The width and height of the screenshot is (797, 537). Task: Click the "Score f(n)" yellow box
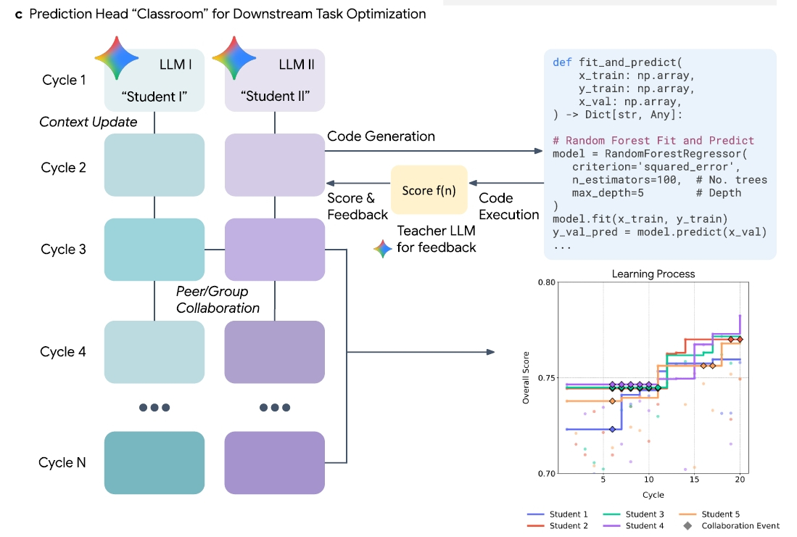point(429,189)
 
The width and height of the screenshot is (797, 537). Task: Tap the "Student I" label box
point(154,81)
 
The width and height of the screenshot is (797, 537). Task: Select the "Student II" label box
point(274,81)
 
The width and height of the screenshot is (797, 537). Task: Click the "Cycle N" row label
point(62,462)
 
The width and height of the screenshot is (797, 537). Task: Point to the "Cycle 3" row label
point(63,249)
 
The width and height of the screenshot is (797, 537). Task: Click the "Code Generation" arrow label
point(381,136)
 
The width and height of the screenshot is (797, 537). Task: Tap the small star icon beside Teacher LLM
point(383,249)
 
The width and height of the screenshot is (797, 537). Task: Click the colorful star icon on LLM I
point(117,58)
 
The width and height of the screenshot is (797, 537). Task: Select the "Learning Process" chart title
point(653,274)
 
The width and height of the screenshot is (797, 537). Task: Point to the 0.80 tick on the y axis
point(546,282)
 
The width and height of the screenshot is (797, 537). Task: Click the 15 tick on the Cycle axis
point(694,479)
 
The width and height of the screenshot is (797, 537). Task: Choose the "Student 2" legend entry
point(558,525)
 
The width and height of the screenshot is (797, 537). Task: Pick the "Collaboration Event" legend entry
point(731,525)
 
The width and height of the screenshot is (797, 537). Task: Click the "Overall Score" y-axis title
point(526,377)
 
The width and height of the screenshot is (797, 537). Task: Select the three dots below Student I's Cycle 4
point(154,407)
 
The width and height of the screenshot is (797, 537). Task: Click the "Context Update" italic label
point(88,122)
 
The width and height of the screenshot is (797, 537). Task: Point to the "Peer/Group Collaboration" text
point(218,300)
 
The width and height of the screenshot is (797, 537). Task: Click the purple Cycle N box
point(274,463)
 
